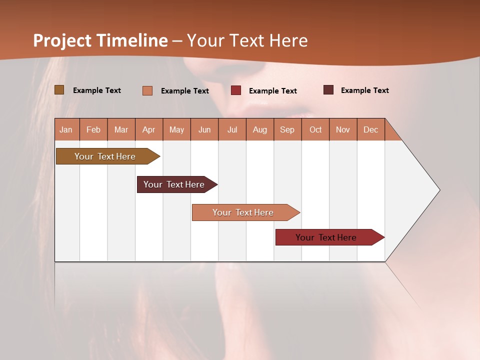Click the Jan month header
tap(66, 129)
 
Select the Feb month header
tap(93, 129)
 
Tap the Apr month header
tap(149, 129)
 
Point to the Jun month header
tap(204, 129)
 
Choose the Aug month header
tap(260, 129)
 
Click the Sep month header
tap(287, 129)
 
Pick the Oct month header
tap(315, 129)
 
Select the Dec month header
tap(371, 129)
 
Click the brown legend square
tap(59, 90)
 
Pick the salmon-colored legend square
tap(147, 90)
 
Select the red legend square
tap(236, 90)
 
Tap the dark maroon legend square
tap(328, 90)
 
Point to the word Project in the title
tap(62, 40)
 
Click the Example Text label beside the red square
tap(273, 91)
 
